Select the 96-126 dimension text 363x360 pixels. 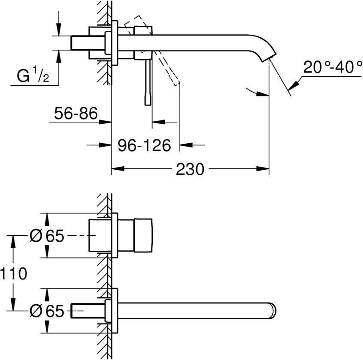point(144,145)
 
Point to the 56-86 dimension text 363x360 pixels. point(76,114)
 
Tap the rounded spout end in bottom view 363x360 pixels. point(273,310)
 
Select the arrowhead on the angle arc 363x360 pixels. point(259,95)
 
